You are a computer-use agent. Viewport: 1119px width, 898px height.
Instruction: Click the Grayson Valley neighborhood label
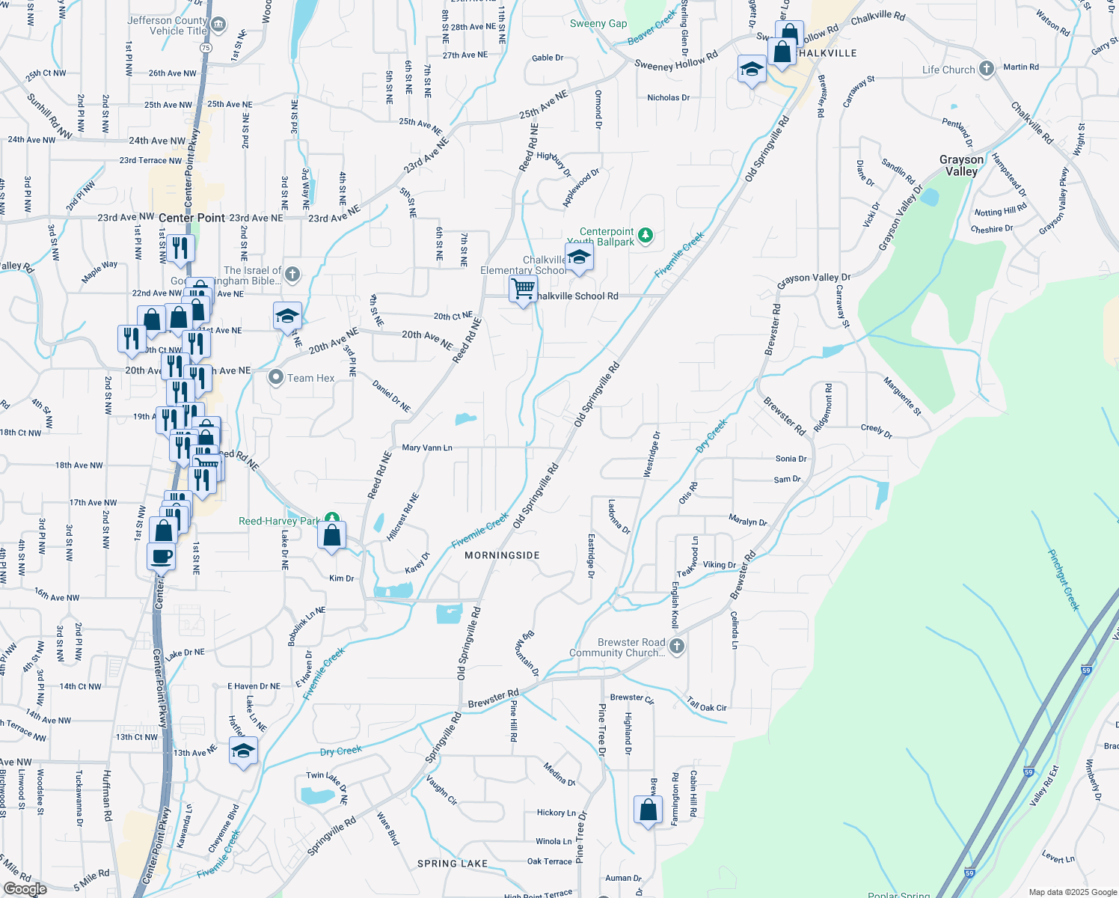(961, 165)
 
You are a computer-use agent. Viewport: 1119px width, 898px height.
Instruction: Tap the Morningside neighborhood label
(502, 555)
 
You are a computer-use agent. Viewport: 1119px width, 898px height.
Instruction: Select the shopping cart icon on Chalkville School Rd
(523, 288)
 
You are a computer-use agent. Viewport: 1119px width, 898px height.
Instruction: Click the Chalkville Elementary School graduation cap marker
(578, 257)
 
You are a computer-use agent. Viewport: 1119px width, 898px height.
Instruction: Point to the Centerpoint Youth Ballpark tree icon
(646, 236)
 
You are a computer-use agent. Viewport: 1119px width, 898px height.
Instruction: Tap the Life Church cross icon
(987, 70)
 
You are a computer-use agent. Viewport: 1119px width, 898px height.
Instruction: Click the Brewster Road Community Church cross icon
(676, 647)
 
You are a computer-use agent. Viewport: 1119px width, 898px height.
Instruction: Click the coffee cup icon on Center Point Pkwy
(161, 557)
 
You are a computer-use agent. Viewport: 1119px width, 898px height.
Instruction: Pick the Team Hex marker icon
(276, 377)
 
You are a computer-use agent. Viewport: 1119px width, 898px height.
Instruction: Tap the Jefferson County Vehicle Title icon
(218, 25)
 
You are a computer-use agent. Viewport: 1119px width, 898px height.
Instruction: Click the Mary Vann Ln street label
(426, 448)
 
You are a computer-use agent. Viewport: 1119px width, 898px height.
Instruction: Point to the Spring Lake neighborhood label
(453, 864)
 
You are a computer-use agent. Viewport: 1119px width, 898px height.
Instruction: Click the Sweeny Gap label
(598, 24)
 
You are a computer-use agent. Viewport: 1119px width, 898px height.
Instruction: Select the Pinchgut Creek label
(1063, 580)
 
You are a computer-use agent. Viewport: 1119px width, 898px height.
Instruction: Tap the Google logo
(25, 888)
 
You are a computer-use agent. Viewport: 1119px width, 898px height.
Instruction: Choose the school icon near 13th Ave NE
(243, 751)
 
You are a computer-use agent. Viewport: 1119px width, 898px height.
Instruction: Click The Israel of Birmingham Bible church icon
(292, 275)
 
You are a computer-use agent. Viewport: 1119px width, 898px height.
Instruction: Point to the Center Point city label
(191, 218)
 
